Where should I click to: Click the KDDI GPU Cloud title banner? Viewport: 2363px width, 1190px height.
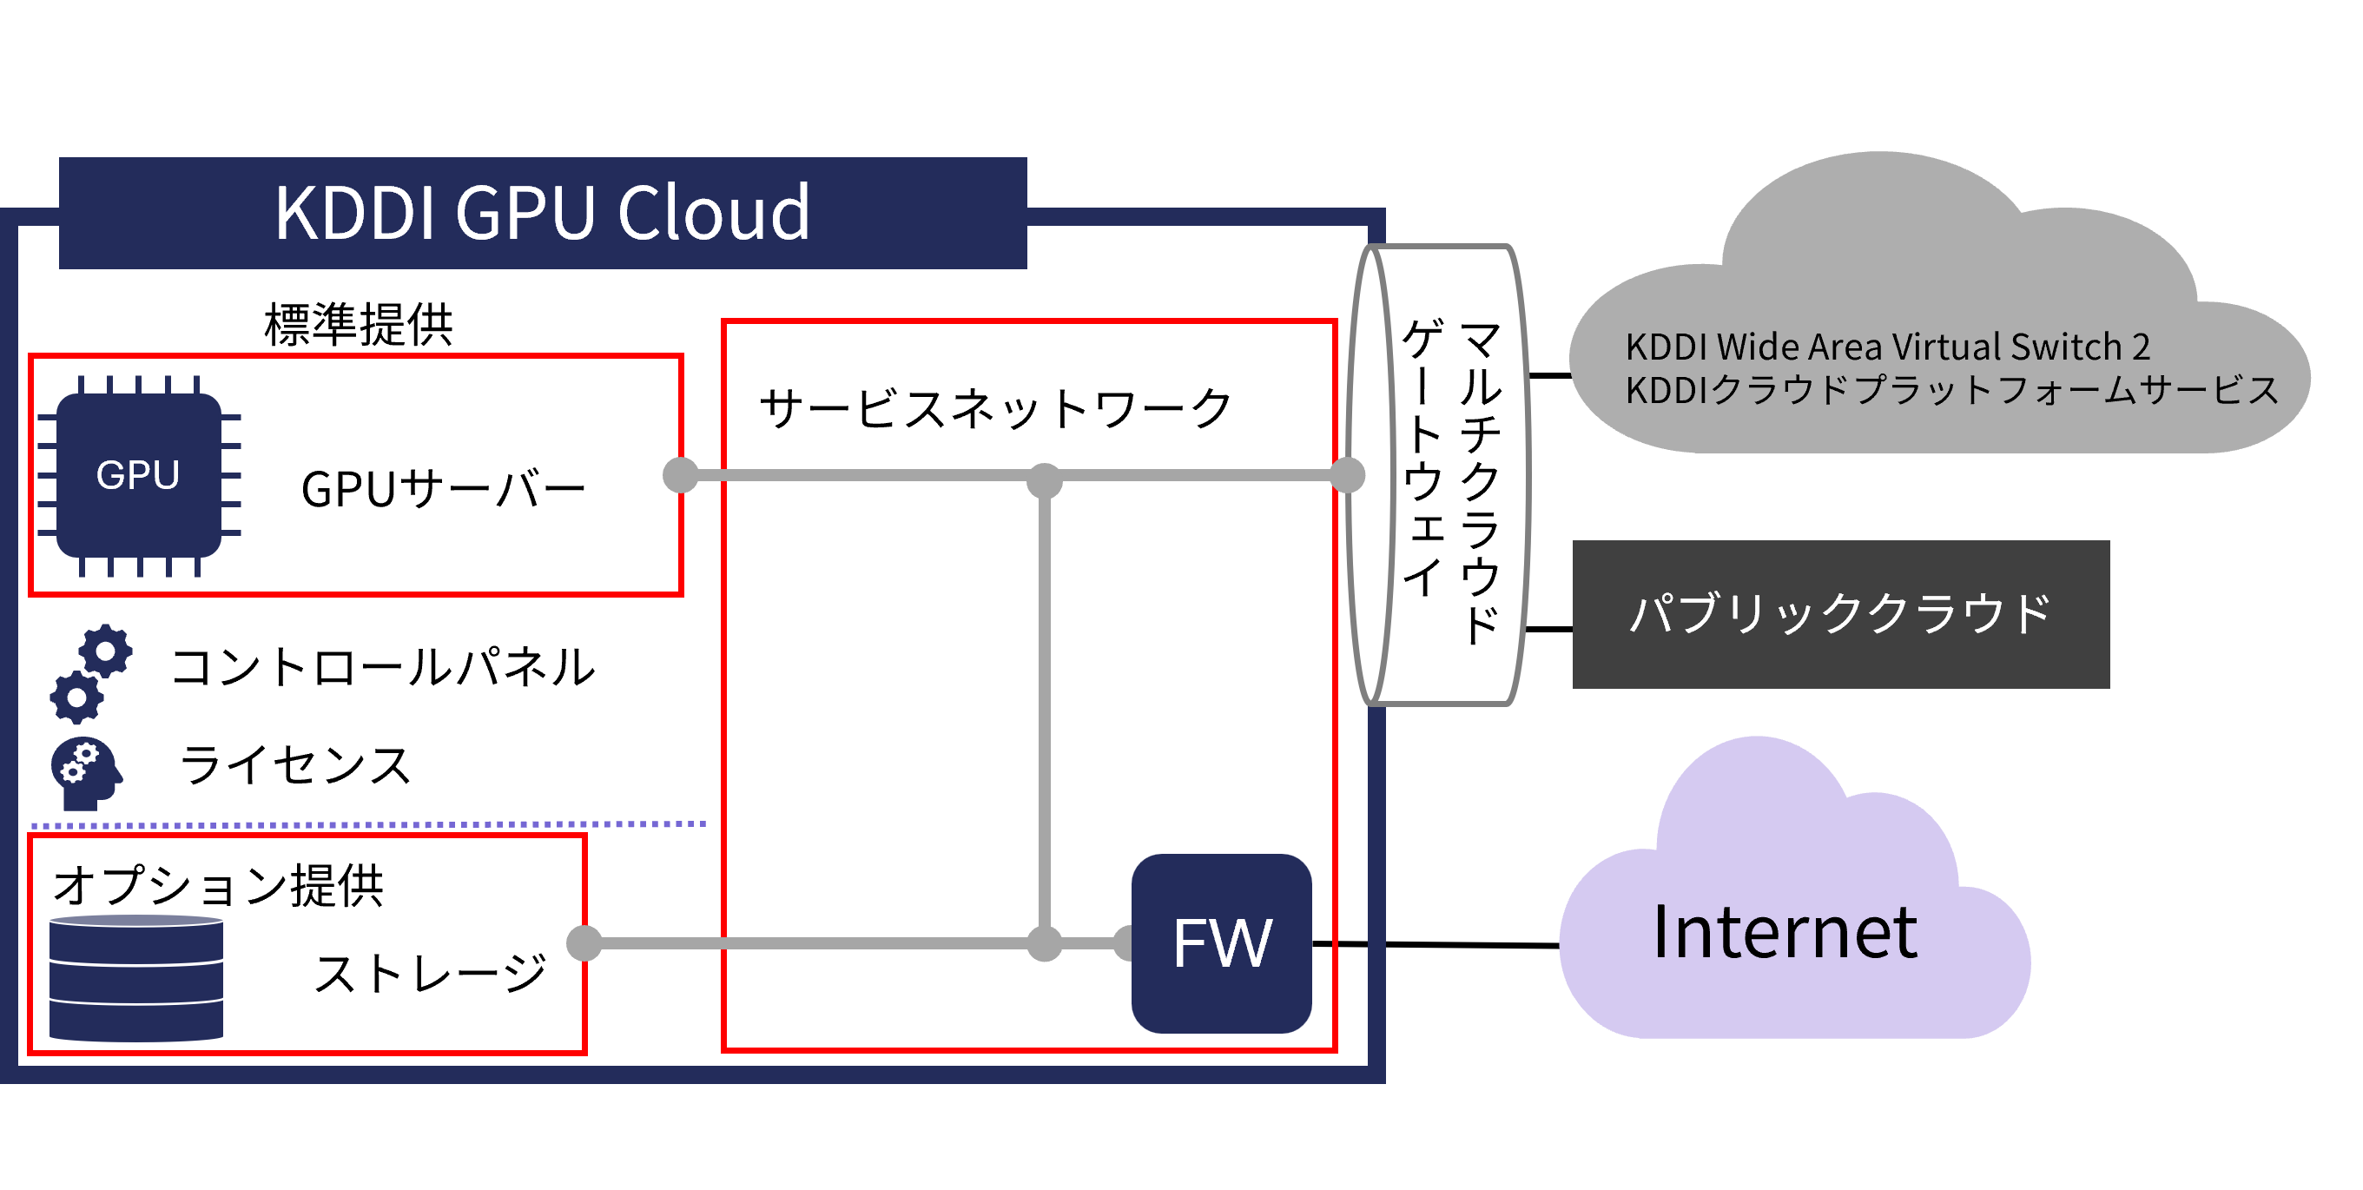(x=542, y=213)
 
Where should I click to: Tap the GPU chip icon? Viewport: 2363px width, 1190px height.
(x=138, y=475)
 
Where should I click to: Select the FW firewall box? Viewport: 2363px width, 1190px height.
(x=1221, y=943)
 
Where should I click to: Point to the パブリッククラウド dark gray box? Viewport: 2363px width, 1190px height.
(x=1840, y=614)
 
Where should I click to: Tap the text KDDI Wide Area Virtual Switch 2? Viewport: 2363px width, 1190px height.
(x=1887, y=347)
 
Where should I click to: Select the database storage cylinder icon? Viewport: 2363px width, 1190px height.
(x=135, y=977)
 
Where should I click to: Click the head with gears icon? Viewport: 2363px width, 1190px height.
(x=85, y=772)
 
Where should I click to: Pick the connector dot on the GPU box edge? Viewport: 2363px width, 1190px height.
(x=681, y=475)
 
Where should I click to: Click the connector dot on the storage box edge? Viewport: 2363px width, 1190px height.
(x=584, y=943)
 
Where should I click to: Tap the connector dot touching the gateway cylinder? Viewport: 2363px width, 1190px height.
(x=1347, y=475)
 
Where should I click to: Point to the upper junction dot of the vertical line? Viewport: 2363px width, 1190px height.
(x=1044, y=479)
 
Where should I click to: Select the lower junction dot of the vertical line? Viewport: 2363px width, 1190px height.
(x=1044, y=943)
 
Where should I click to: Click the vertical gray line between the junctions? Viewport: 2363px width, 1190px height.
(x=1044, y=711)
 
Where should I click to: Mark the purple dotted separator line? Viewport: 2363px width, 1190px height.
(x=367, y=825)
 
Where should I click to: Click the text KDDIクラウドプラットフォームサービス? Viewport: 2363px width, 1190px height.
(x=1951, y=390)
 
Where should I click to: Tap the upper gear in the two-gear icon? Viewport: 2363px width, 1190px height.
(x=105, y=651)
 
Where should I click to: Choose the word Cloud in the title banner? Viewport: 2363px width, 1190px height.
(x=714, y=213)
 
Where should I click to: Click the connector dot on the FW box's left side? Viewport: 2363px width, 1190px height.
(x=1125, y=943)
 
